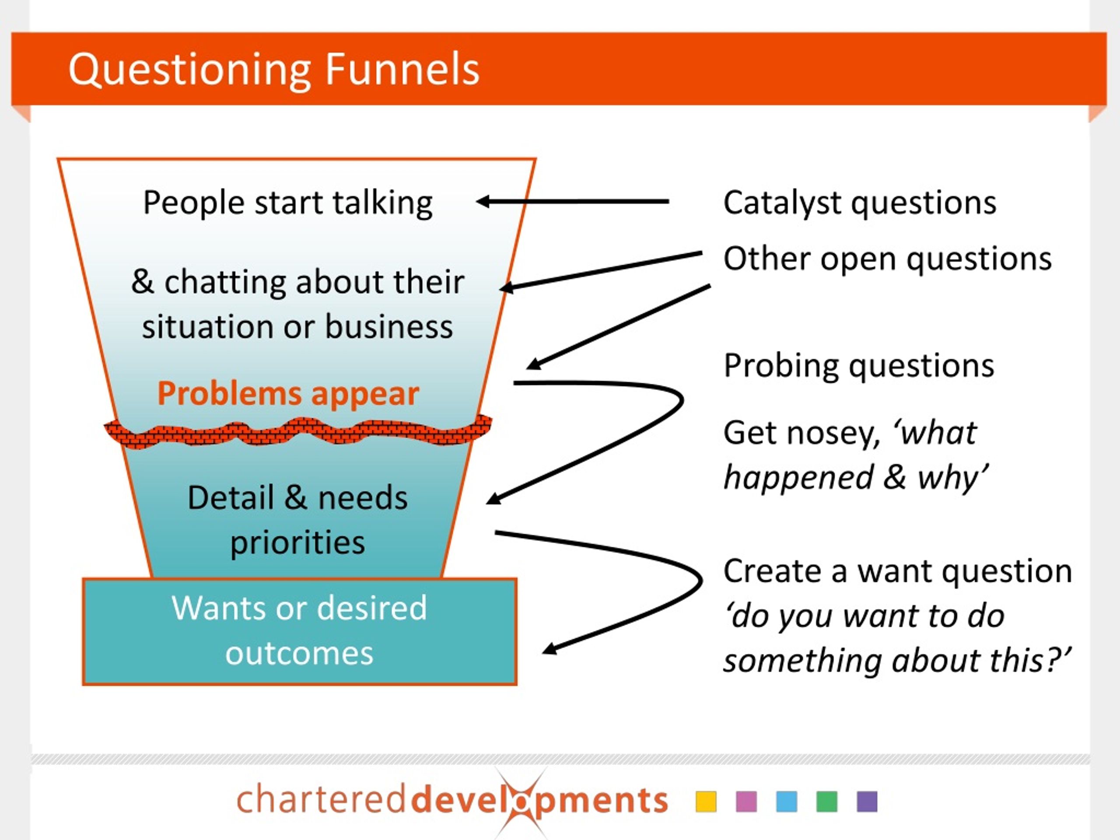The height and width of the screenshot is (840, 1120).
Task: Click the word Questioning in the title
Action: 189,70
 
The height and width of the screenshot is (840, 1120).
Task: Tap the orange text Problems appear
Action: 288,393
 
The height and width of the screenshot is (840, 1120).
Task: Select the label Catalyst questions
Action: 859,203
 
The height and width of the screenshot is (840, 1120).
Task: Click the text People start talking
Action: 287,203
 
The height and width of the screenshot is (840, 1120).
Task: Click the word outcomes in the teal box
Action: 299,653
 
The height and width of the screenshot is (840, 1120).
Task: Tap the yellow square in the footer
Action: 706,801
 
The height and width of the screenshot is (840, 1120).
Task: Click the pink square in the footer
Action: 746,801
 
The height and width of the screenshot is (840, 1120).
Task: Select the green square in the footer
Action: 827,801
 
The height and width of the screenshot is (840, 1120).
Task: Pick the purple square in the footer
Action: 867,801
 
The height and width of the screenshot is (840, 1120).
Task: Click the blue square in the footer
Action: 786,801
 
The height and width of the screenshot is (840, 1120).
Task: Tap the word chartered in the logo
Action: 321,801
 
